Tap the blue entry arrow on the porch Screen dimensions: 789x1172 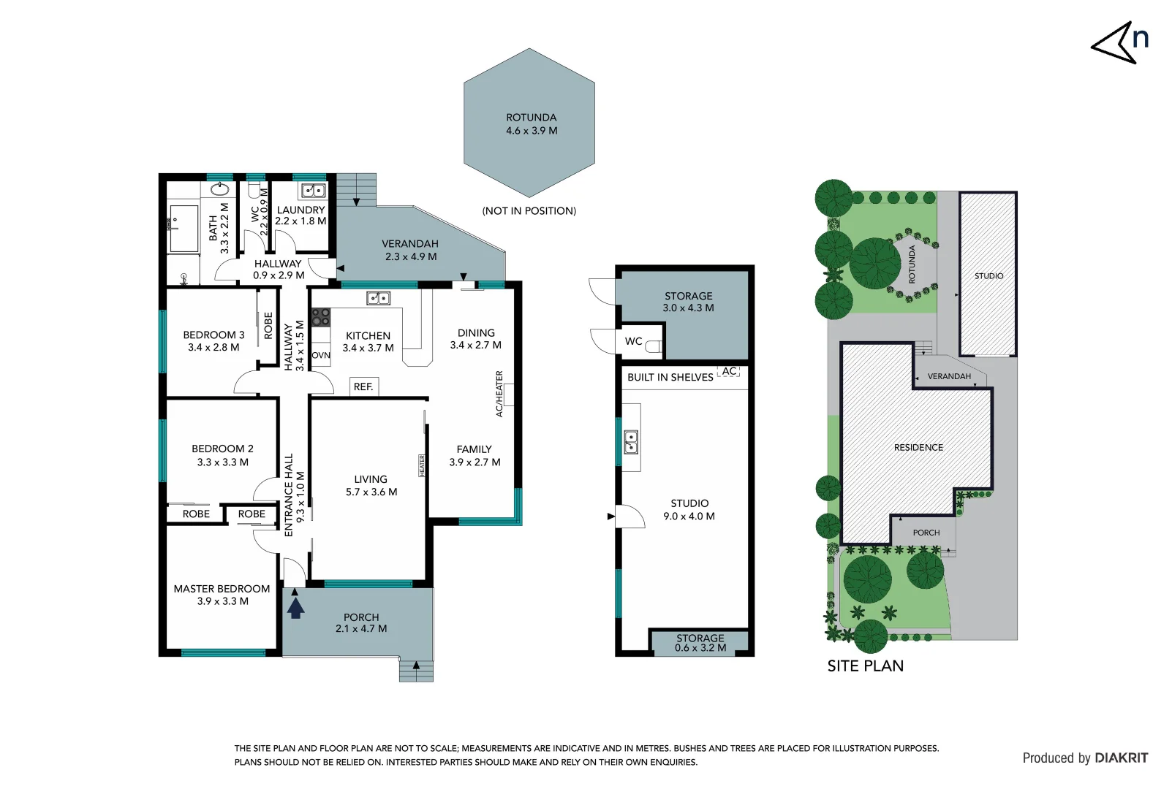tap(295, 607)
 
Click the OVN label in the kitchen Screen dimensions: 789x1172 tap(321, 356)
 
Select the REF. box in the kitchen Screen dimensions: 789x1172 tap(363, 386)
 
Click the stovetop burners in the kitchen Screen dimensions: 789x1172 tap(321, 317)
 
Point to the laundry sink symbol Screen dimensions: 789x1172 tap(314, 191)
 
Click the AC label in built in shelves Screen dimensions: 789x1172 tap(729, 371)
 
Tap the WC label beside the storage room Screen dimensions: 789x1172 tap(633, 341)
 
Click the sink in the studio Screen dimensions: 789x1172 tap(630, 442)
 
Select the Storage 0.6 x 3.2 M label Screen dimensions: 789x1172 tap(700, 643)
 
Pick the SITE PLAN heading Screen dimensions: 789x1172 tap(865, 666)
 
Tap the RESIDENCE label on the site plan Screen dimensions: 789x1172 tap(918, 447)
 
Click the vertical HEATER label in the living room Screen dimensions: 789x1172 tap(422, 465)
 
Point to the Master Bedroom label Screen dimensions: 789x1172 tap(222, 589)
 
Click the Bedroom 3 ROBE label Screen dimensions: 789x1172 tap(268, 326)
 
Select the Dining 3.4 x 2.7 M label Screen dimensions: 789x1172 tap(476, 339)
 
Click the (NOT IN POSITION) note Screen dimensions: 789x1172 tap(529, 211)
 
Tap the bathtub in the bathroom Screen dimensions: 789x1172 tap(184, 229)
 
